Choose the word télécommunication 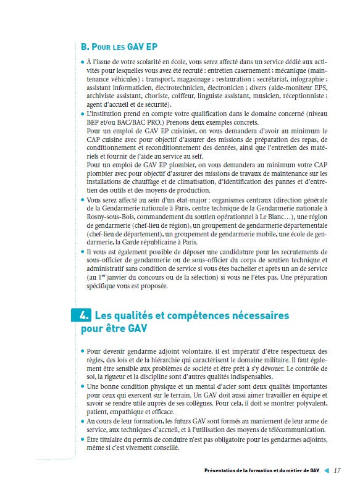click(x=285, y=429)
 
